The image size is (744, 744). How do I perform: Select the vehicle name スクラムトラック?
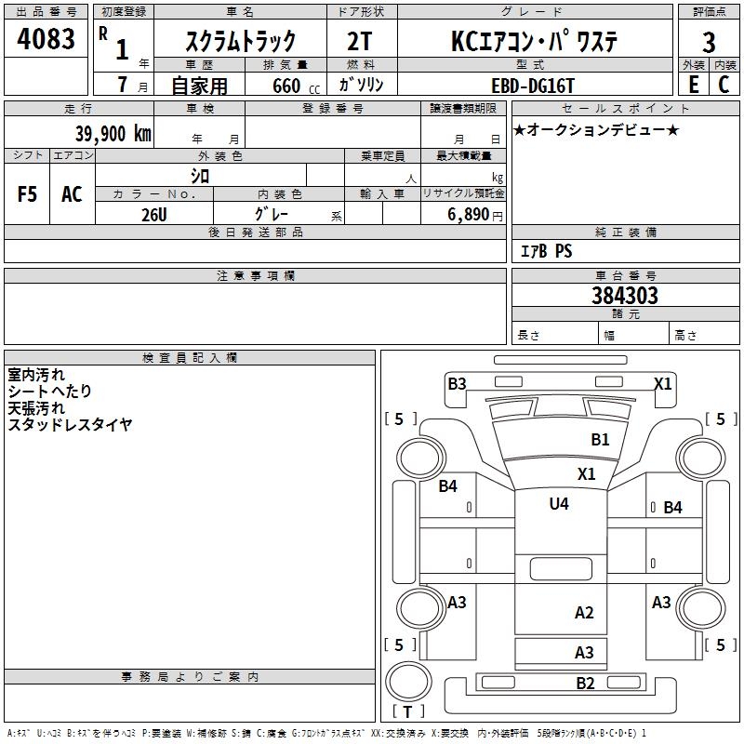241,41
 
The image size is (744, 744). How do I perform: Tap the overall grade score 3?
709,42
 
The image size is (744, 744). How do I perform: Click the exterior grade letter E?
693,85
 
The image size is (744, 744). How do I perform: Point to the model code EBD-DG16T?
533,86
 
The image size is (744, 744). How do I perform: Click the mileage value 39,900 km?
113,133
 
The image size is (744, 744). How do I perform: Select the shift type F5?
28,194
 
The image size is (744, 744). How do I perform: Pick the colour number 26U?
154,214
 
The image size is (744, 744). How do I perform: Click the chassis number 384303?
624,296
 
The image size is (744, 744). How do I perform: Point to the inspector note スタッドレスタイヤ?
70,424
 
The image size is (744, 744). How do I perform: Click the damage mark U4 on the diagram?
559,504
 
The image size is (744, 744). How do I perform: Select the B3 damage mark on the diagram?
457,383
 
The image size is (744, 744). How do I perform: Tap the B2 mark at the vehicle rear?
585,684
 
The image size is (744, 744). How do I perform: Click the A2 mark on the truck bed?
584,613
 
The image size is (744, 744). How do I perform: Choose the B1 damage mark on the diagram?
601,440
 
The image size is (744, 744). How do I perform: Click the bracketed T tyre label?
407,712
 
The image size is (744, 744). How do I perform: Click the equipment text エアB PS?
546,251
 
